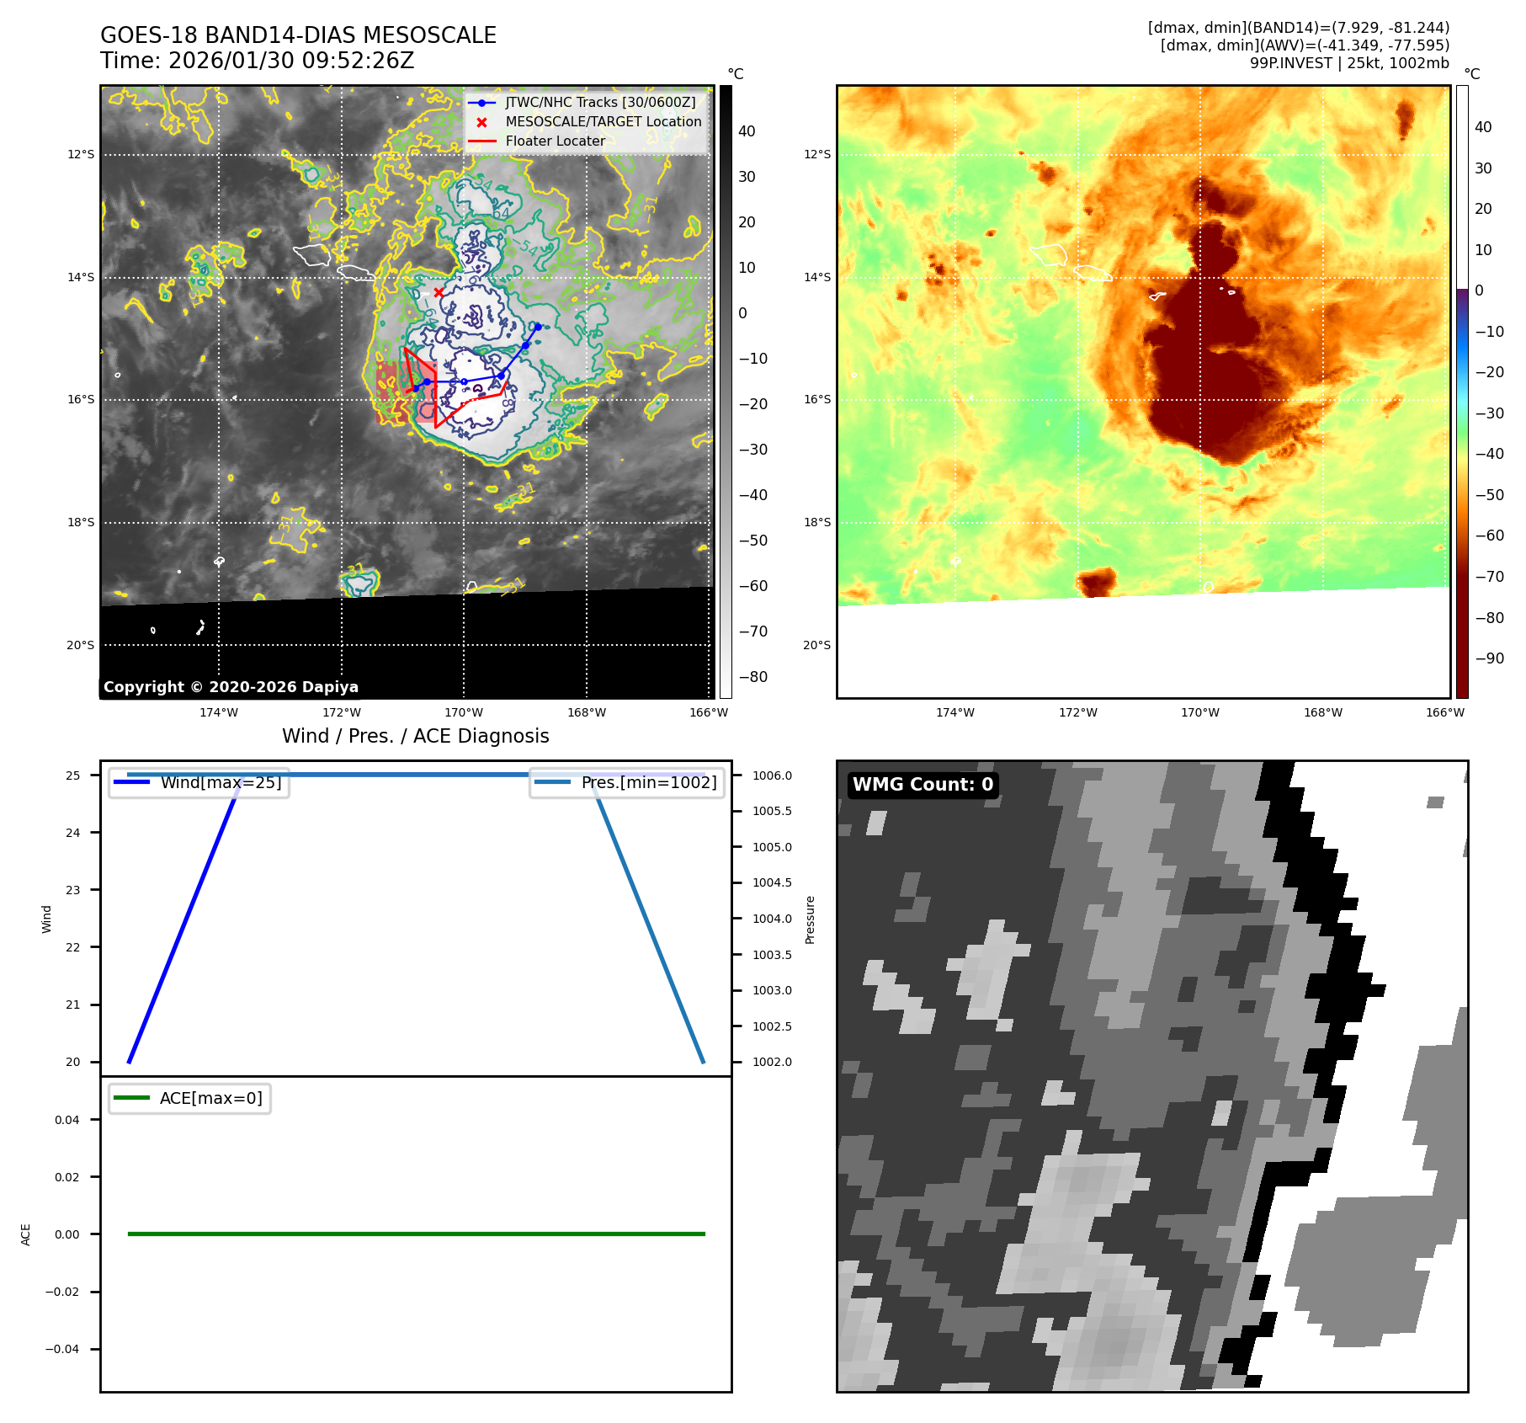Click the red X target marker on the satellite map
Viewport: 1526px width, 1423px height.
tap(439, 292)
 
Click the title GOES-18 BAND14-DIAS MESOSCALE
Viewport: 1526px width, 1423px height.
tap(298, 35)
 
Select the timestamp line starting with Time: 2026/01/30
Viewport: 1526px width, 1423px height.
tap(257, 61)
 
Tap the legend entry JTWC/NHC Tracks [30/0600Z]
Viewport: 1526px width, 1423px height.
tap(600, 102)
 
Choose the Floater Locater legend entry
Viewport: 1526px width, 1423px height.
tap(555, 141)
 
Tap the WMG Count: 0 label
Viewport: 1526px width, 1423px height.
tap(923, 785)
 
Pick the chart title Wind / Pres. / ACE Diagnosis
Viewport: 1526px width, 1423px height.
tap(415, 736)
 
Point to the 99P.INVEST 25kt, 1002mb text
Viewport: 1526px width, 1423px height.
tap(1349, 63)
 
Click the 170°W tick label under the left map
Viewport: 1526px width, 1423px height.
tap(464, 713)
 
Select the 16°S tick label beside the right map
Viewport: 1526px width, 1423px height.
tap(816, 400)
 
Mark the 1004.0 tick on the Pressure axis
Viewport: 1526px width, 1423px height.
tap(772, 919)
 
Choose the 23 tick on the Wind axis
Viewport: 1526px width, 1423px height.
tap(73, 890)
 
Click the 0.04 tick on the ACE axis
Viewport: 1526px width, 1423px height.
tap(67, 1120)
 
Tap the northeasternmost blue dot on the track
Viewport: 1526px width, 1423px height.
tap(537, 327)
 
